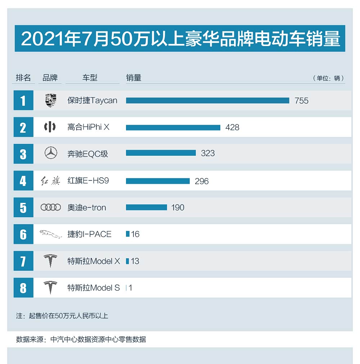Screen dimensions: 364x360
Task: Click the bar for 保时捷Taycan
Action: tap(207, 100)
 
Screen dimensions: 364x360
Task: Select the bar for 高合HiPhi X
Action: tap(173, 127)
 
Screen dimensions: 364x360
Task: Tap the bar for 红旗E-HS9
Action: tap(158, 181)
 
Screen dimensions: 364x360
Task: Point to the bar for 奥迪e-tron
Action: tap(147, 207)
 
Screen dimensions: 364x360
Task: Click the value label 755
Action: tap(301, 101)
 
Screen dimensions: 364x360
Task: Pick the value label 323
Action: tap(208, 153)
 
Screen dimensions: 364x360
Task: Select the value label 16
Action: tap(135, 234)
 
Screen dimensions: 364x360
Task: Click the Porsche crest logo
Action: tap(51, 100)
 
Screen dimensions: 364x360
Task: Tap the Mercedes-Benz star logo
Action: tap(51, 154)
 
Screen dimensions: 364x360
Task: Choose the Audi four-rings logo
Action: tap(51, 208)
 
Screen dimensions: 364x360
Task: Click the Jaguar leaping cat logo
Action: tap(50, 234)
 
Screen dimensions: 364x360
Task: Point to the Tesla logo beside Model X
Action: tap(50, 261)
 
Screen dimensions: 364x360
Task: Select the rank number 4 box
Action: tap(23, 181)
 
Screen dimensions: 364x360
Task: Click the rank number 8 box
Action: tap(23, 288)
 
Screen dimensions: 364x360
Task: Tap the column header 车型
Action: tap(90, 78)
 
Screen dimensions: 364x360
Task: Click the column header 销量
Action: tap(134, 78)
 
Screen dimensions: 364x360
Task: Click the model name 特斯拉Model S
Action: tap(94, 288)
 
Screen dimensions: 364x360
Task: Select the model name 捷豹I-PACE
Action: tap(89, 234)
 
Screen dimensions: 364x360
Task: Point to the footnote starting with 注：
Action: tap(62, 316)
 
